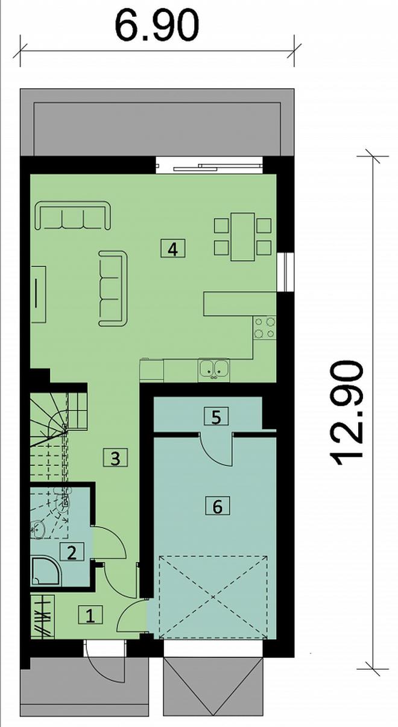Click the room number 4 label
point(173,249)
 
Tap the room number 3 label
point(115,458)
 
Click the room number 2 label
point(72,551)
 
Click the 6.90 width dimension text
point(157,25)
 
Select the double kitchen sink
point(213,369)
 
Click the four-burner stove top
point(265,327)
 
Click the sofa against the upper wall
point(72,215)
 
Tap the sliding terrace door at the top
point(209,165)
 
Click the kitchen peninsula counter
point(240,303)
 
